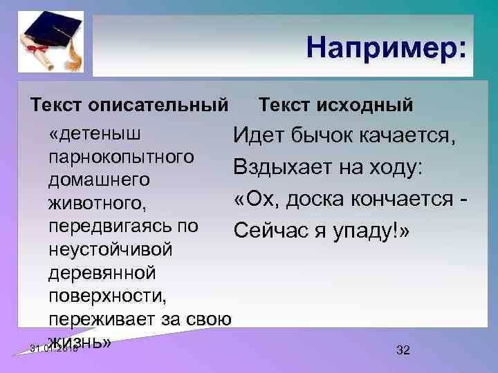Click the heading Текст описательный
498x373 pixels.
pos(129,106)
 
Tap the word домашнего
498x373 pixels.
pos(99,180)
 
